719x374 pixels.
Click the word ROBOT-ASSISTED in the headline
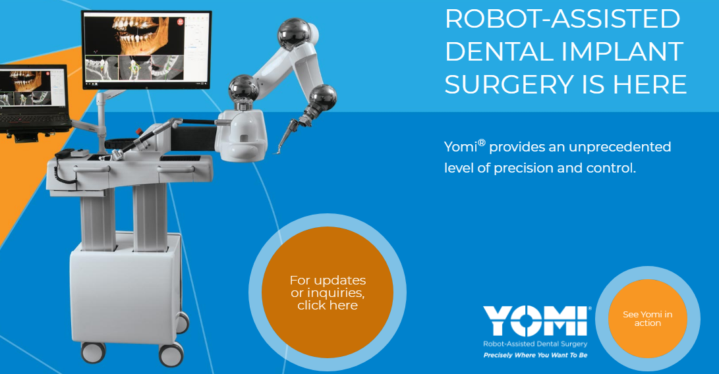coord(563,18)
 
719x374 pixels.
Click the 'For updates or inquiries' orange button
coord(328,292)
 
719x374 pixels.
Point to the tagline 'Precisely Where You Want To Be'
coord(535,355)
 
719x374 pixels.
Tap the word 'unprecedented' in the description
coord(619,147)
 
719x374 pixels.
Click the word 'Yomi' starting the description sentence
coord(461,147)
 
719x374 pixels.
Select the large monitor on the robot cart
coord(146,50)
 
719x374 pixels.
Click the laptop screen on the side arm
coord(32,88)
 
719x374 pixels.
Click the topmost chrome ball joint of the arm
coord(294,34)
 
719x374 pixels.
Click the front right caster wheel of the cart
coord(171,354)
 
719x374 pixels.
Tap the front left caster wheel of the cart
coord(93,352)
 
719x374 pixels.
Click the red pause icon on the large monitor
coord(180,21)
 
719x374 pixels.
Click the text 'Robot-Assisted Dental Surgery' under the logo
coord(535,344)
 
